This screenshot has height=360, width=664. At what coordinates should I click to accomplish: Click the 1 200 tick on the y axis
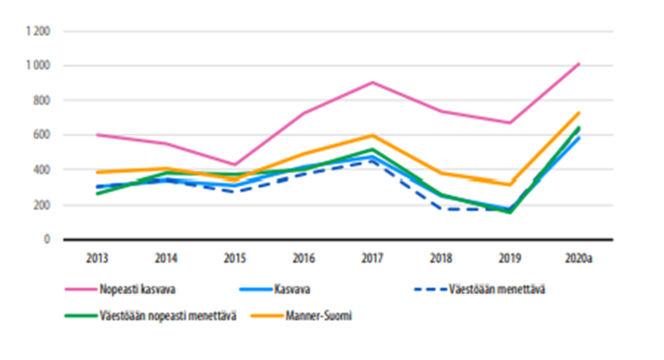(x=40, y=31)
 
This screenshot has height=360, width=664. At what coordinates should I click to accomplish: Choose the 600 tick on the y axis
(x=44, y=135)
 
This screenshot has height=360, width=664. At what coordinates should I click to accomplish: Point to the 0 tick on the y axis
(x=49, y=240)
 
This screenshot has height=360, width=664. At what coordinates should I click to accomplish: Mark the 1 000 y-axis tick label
(x=40, y=66)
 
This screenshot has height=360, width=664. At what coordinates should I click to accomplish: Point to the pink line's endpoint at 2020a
(x=579, y=63)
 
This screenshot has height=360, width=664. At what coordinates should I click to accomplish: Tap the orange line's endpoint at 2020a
(x=579, y=113)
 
